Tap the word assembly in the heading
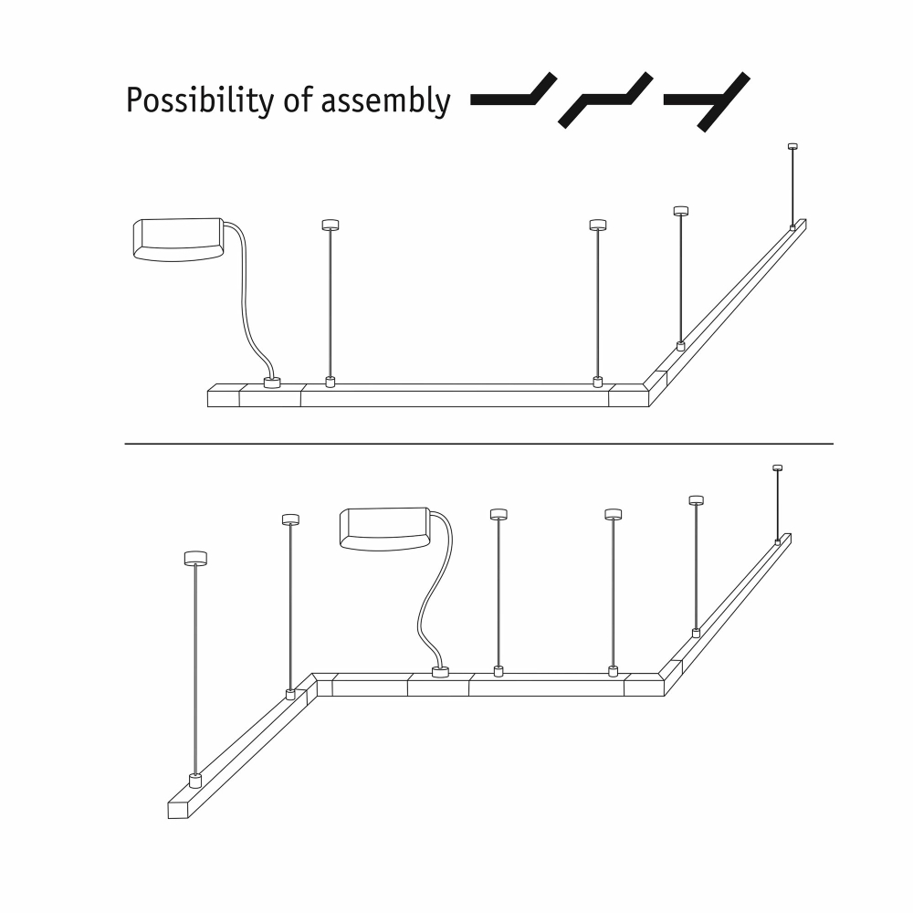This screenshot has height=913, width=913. click(386, 100)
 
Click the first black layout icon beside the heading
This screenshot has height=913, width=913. click(513, 89)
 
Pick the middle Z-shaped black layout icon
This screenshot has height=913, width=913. click(605, 100)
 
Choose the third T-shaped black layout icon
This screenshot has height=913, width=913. click(707, 101)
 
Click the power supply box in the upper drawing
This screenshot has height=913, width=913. click(179, 239)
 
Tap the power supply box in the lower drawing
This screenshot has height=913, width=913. click(385, 529)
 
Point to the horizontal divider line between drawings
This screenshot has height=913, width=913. click(478, 444)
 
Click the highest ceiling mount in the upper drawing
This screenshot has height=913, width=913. click(792, 147)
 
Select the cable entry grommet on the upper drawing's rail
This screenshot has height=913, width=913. click(272, 383)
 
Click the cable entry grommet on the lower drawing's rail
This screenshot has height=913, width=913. click(440, 672)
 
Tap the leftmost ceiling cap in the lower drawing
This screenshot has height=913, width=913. click(195, 558)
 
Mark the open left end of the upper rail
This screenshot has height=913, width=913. click(224, 395)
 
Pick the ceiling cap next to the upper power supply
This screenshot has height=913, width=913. click(331, 225)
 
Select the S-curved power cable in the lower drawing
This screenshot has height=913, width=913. click(436, 588)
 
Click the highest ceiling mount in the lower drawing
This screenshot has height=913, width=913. click(777, 467)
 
